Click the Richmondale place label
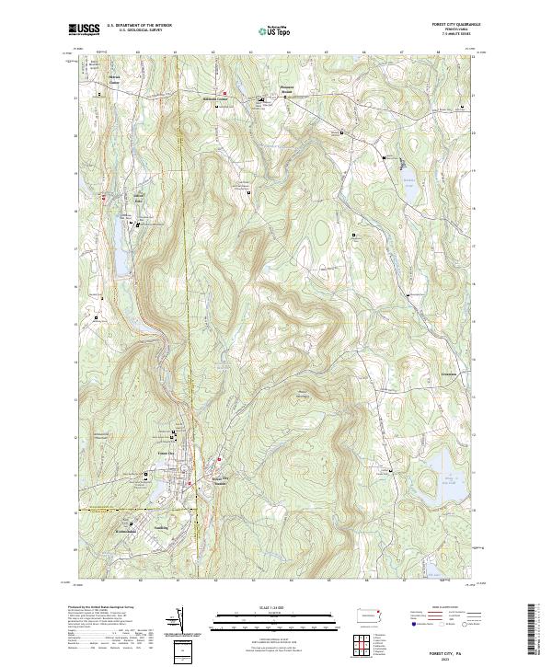[125, 532]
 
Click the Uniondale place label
[139, 199]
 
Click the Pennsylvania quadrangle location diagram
[371, 615]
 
